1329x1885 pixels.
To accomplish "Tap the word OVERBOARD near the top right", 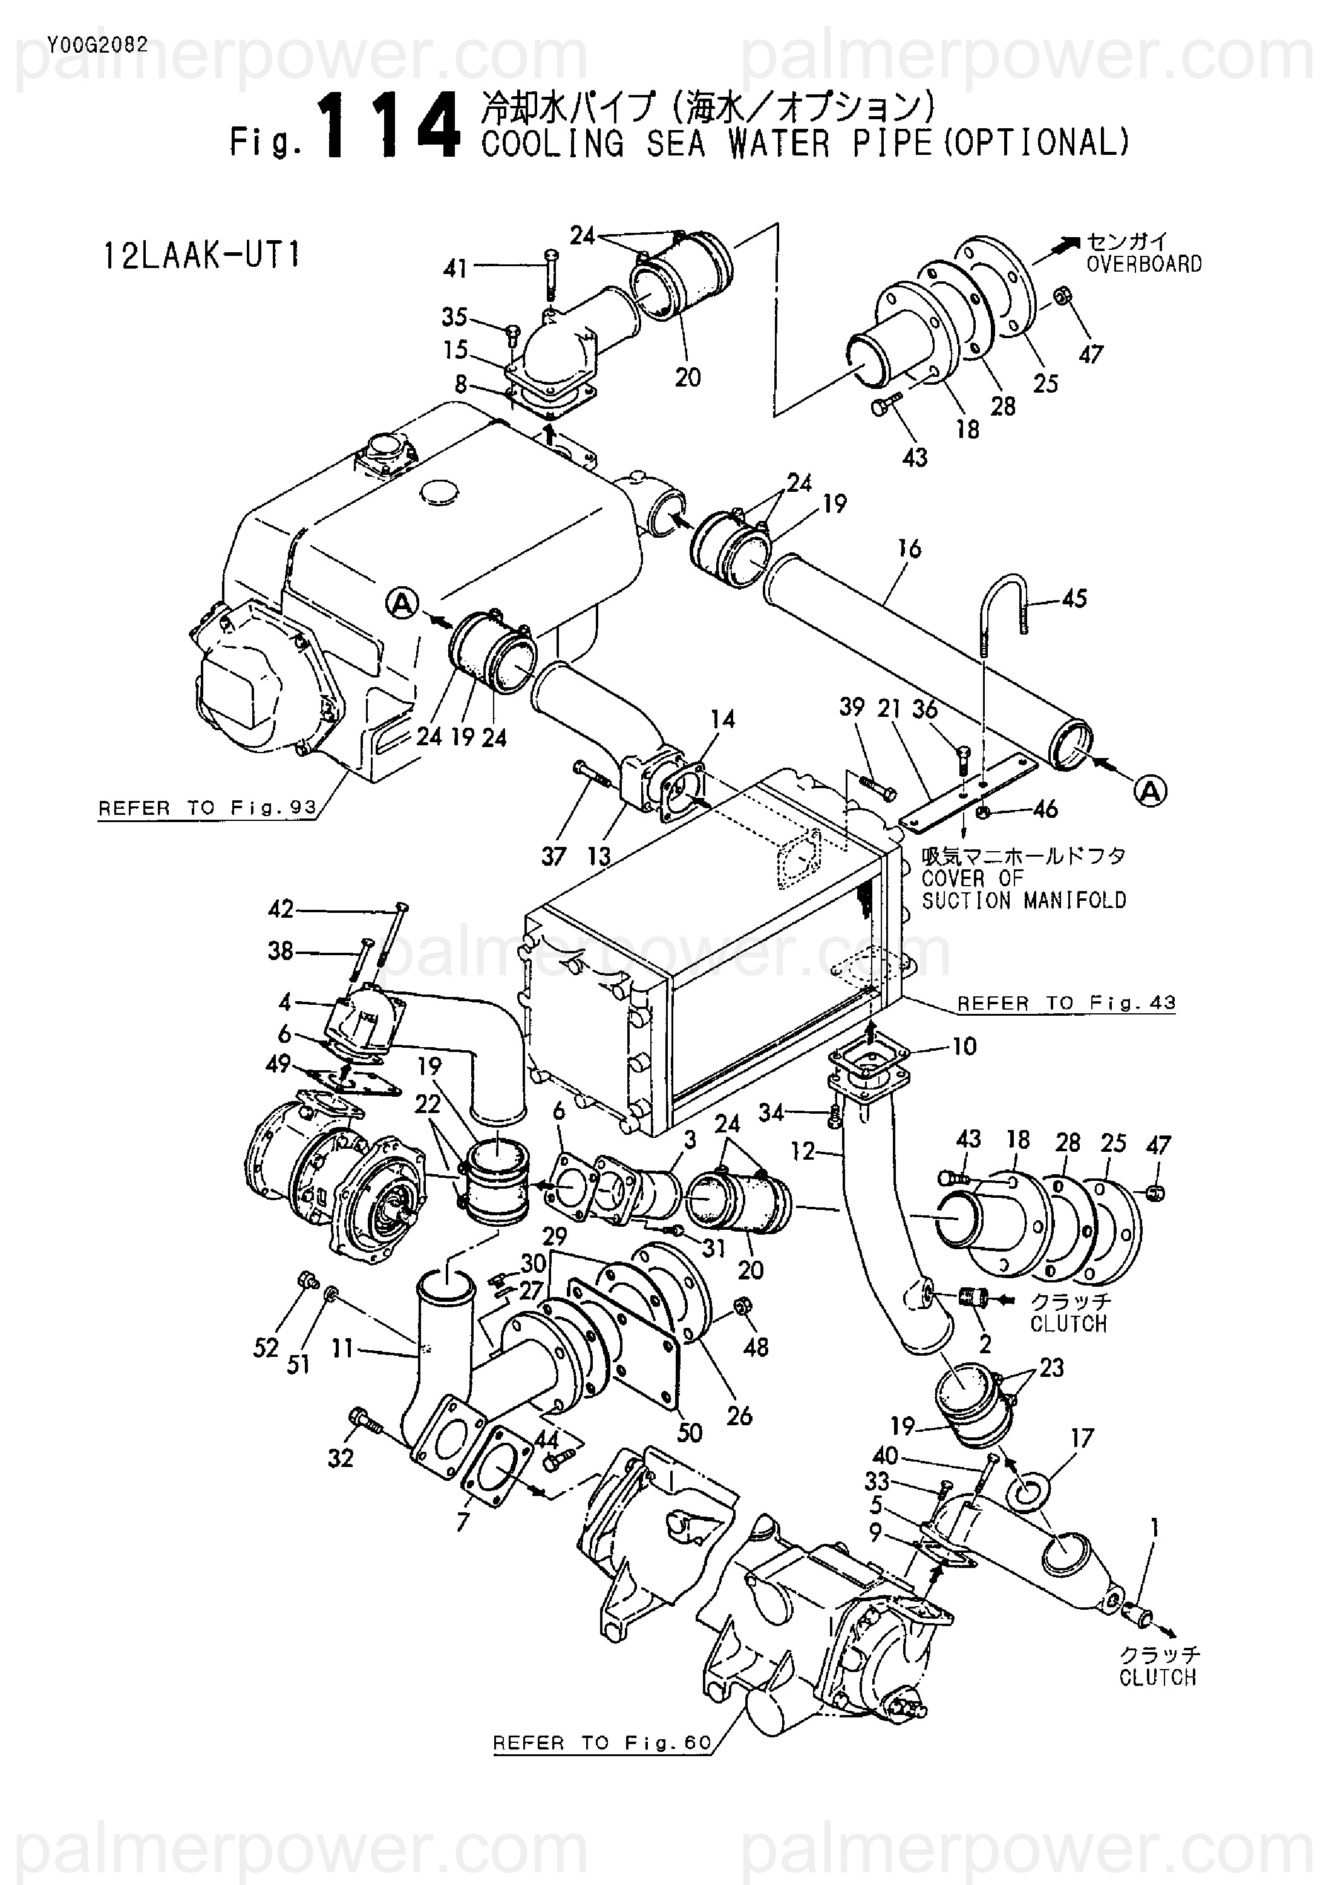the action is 1145,264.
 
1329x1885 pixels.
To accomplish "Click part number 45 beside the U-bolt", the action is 1074,598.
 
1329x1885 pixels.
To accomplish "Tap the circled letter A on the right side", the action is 1151,790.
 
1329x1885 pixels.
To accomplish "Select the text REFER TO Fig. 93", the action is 207,808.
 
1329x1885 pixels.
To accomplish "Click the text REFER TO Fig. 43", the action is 1066,1002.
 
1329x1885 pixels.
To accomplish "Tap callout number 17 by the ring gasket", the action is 1082,1439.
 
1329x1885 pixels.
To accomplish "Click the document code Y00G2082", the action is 97,46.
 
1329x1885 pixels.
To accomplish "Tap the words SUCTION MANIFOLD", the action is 1025,901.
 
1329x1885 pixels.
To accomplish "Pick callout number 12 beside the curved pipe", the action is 802,1151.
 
